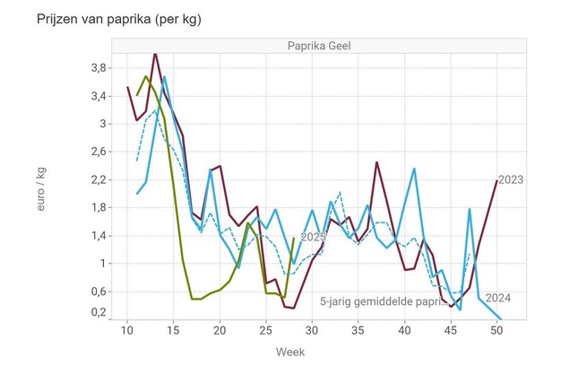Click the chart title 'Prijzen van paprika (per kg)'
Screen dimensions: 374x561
click(x=112, y=19)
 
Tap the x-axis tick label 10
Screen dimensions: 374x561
click(x=127, y=332)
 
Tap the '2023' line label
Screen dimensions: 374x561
click(x=511, y=180)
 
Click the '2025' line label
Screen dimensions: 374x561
click(x=314, y=237)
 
